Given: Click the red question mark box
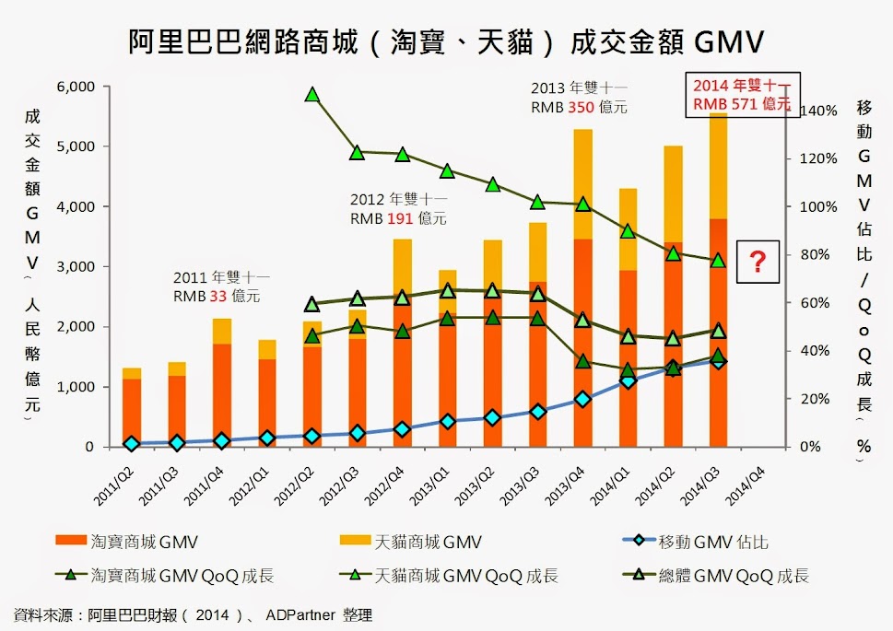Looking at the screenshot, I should click(758, 262).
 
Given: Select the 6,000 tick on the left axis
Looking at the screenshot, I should click(76, 87).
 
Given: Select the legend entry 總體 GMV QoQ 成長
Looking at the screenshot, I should click(734, 576).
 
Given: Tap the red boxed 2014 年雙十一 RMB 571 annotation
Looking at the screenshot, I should click(742, 93).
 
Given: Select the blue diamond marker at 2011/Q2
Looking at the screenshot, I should click(131, 443).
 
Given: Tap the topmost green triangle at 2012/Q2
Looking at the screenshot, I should click(312, 95).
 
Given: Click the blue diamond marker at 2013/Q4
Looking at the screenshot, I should click(583, 399).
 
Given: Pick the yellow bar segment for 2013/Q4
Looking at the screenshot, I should click(583, 184).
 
